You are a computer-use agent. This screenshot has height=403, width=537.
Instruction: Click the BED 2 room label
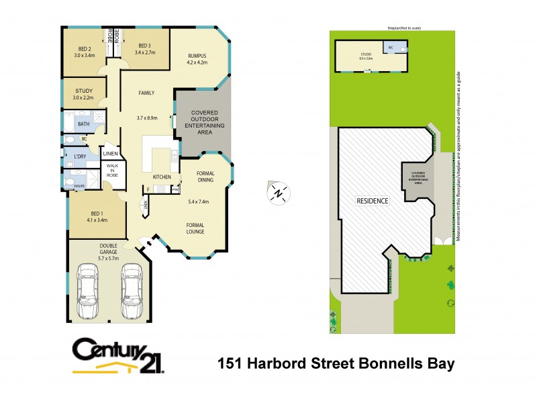(85, 49)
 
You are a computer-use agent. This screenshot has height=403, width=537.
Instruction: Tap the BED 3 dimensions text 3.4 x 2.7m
(146, 52)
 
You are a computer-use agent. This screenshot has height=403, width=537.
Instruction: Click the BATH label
(84, 124)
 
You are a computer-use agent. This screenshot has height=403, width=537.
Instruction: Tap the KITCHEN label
(162, 177)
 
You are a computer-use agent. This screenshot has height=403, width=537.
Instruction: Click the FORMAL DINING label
(205, 177)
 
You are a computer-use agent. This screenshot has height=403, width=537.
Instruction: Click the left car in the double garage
(88, 291)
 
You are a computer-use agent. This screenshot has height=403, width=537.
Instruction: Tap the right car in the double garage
(132, 291)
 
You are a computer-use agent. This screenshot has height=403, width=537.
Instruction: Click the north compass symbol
(277, 193)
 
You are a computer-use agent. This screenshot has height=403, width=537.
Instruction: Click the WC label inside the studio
(390, 47)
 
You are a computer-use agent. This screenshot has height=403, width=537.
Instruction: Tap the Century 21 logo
(117, 355)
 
